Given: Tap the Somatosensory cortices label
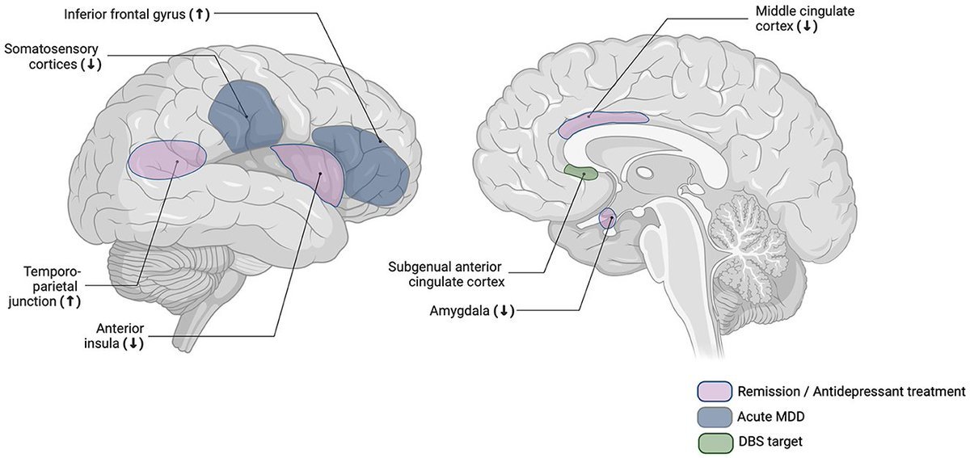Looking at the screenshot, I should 53,57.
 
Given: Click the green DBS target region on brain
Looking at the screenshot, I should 580,172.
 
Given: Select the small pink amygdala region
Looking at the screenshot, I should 607,217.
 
